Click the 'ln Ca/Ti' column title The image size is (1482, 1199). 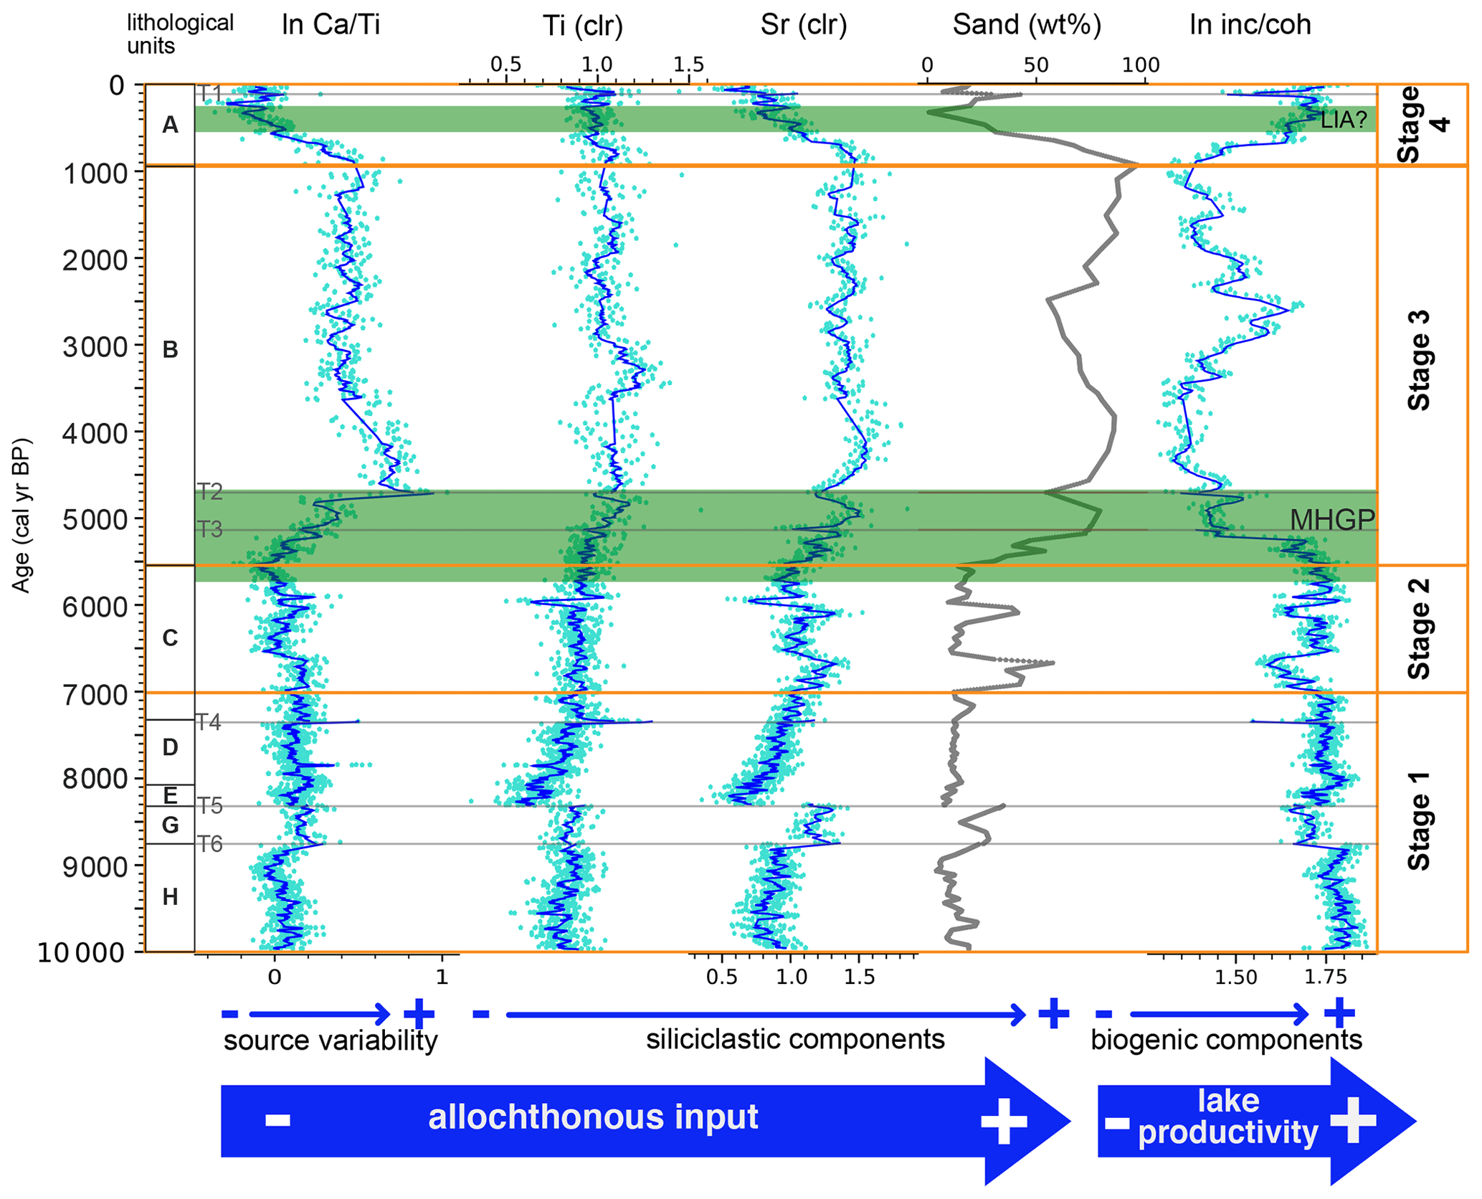(331, 25)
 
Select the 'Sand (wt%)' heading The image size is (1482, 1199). (1026, 25)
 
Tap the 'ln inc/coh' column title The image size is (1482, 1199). (1250, 25)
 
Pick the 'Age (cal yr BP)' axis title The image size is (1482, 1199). (22, 514)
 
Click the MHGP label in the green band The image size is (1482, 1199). (1332, 520)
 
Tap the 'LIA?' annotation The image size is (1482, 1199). (1344, 120)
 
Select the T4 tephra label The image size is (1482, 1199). (209, 722)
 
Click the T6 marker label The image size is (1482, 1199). (209, 844)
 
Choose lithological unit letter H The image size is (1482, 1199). (170, 896)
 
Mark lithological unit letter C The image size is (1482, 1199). (170, 638)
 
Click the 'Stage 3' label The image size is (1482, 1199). (1419, 361)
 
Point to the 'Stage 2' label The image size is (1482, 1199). (1419, 629)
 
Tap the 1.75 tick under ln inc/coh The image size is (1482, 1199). (1325, 977)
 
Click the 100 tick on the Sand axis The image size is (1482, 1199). (1140, 65)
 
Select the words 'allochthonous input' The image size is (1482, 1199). (593, 1117)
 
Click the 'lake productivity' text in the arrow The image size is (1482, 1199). (1228, 1117)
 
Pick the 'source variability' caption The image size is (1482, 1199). (331, 1041)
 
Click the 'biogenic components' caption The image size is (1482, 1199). (1226, 1040)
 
